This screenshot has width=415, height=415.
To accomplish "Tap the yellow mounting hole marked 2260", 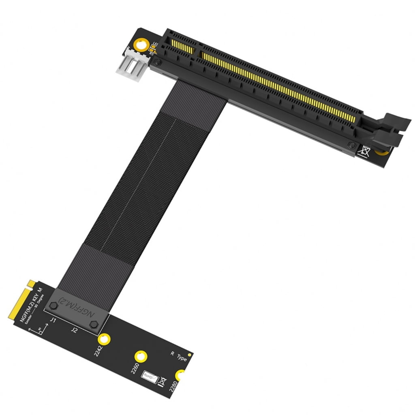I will tap(141, 357).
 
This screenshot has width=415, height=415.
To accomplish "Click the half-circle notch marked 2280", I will tap(181, 375).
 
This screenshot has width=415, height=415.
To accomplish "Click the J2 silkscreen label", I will tap(74, 330).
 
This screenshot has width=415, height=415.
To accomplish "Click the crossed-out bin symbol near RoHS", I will tap(162, 381).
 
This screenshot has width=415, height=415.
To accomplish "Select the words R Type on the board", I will tap(179, 357).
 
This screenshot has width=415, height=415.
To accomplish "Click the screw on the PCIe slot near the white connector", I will tap(158, 62).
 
